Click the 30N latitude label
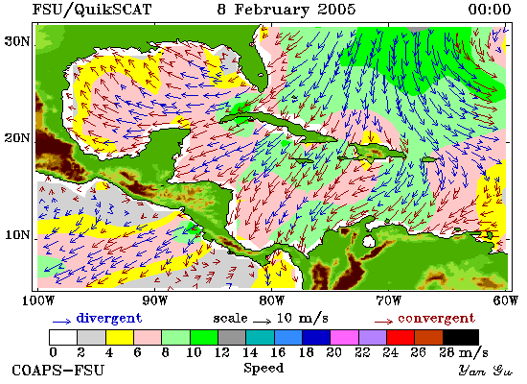pyautogui.click(x=17, y=41)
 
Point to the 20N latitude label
pyautogui.click(x=17, y=138)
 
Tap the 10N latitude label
pyautogui.click(x=17, y=234)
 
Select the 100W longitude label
pyautogui.click(x=37, y=300)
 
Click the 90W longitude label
pyautogui.click(x=154, y=300)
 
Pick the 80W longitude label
pyautogui.click(x=271, y=300)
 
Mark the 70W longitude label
pyautogui.click(x=388, y=300)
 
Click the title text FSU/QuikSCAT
pyautogui.click(x=92, y=10)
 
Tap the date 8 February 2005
pyautogui.click(x=286, y=9)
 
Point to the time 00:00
pyautogui.click(x=490, y=9)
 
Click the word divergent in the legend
pyautogui.click(x=109, y=318)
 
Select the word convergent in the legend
pyautogui.click(x=436, y=318)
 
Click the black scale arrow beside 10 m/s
pyautogui.click(x=262, y=322)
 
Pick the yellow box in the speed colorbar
pyautogui.click(x=120, y=337)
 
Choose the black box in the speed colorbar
pyautogui.click(x=461, y=337)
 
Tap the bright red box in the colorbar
pyautogui.click(x=401, y=337)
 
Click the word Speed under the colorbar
pyautogui.click(x=263, y=368)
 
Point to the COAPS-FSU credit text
pyautogui.click(x=57, y=371)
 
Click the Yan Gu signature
pyautogui.click(x=486, y=371)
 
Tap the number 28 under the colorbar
pyautogui.click(x=447, y=352)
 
